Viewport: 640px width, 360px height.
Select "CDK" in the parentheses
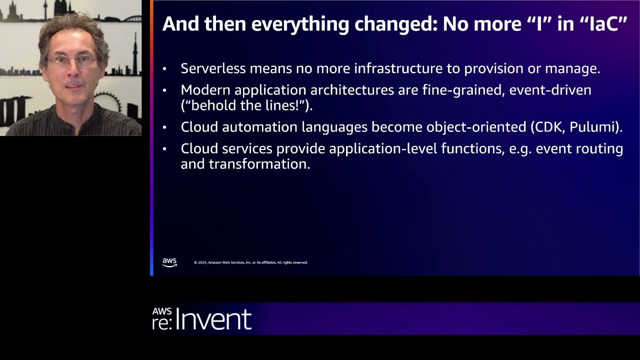tap(548, 127)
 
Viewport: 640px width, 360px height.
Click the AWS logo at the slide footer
tap(169, 262)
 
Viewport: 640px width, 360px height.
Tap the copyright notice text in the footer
tap(250, 262)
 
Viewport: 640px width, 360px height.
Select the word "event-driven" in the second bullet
tap(550, 90)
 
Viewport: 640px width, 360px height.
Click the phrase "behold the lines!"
tap(245, 105)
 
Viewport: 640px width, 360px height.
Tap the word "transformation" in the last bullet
tap(259, 164)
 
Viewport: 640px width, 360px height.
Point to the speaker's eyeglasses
tap(71, 61)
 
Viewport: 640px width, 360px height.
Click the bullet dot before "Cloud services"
tap(164, 149)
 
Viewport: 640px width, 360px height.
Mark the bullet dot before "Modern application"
tap(164, 90)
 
